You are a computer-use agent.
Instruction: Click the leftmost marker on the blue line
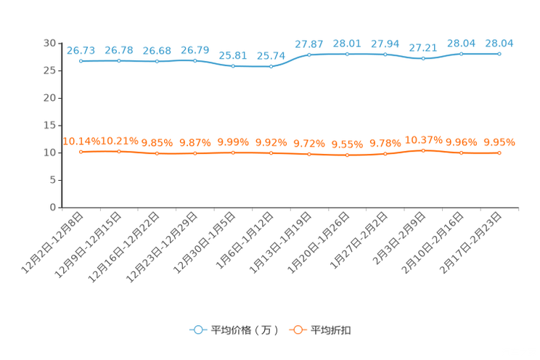click(x=81, y=61)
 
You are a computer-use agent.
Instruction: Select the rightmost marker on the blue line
click(x=499, y=54)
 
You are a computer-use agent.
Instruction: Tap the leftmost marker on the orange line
click(x=81, y=152)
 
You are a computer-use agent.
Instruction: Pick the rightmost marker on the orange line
click(x=499, y=153)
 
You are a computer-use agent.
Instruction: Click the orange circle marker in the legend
click(x=297, y=330)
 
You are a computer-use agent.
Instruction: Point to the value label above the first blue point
click(x=81, y=50)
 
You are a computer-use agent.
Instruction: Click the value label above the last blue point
click(x=499, y=43)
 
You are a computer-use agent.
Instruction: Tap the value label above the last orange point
click(x=499, y=142)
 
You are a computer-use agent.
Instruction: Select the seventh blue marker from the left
click(x=309, y=54)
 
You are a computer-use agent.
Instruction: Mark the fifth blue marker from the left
click(x=233, y=66)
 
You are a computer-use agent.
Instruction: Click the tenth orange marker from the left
click(x=423, y=150)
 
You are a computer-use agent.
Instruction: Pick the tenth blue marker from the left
click(x=423, y=58)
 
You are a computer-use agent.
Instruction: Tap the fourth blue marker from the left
click(x=195, y=61)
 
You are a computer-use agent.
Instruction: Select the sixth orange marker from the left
click(x=271, y=153)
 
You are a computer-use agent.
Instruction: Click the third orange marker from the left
click(x=157, y=153)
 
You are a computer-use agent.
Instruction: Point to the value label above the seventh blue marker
click(x=309, y=44)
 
